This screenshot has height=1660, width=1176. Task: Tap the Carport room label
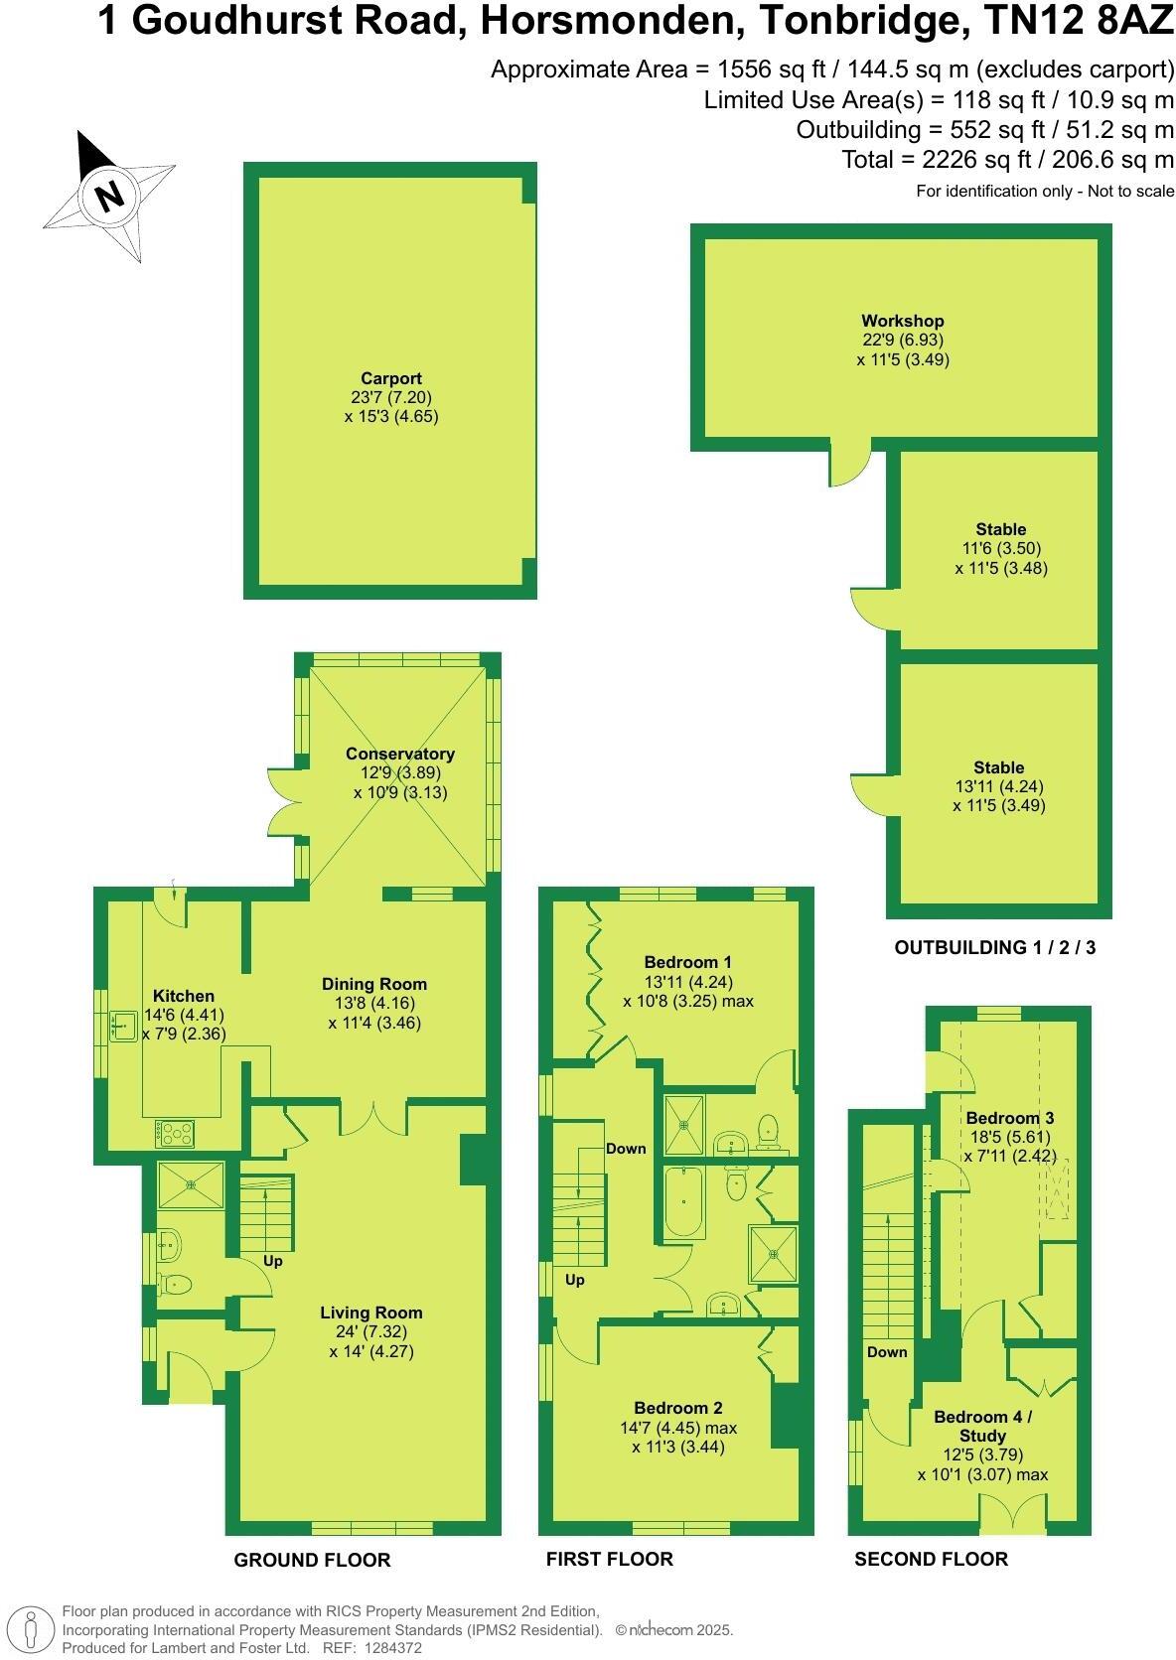pos(391,378)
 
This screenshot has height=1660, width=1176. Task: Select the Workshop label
pos(902,321)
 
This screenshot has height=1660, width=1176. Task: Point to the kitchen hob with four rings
pos(176,1132)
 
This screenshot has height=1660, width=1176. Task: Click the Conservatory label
pos(400,755)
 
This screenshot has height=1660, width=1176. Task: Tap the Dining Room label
pos(374,984)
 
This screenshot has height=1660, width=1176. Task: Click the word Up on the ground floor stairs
pos(273,1261)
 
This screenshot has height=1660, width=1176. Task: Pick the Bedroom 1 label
pos(687,962)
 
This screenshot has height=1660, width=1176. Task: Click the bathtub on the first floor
pos(683,1201)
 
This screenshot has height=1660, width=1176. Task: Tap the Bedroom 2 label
pos(678,1408)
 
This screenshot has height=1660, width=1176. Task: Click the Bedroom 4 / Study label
pos(982,1427)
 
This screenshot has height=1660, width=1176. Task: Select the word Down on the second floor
pos(887,1351)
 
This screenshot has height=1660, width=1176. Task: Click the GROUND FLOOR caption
pos(312,1560)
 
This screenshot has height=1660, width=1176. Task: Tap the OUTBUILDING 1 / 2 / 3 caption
pos(995,947)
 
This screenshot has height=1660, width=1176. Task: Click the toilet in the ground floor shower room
pos(175,1285)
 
